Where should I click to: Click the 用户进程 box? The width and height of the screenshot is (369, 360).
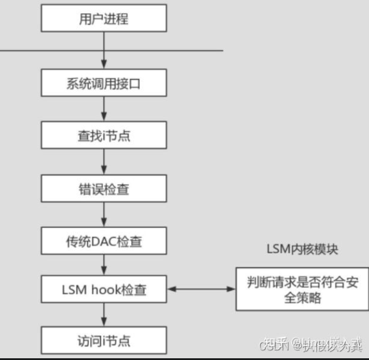pos(104,19)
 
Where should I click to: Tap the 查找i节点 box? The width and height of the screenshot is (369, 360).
pos(104,137)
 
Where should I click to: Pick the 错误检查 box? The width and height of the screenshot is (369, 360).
pos(104,189)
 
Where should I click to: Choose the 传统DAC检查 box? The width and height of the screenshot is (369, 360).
pos(104,241)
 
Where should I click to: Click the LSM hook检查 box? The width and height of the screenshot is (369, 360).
pos(104,289)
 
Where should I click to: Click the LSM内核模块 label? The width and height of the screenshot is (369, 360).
pos(302,250)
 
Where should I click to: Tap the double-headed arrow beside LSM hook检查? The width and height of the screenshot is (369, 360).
pos(201,288)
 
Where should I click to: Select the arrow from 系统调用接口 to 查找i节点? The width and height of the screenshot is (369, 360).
pos(104,110)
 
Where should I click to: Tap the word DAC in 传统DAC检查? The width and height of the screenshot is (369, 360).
pos(101,241)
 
